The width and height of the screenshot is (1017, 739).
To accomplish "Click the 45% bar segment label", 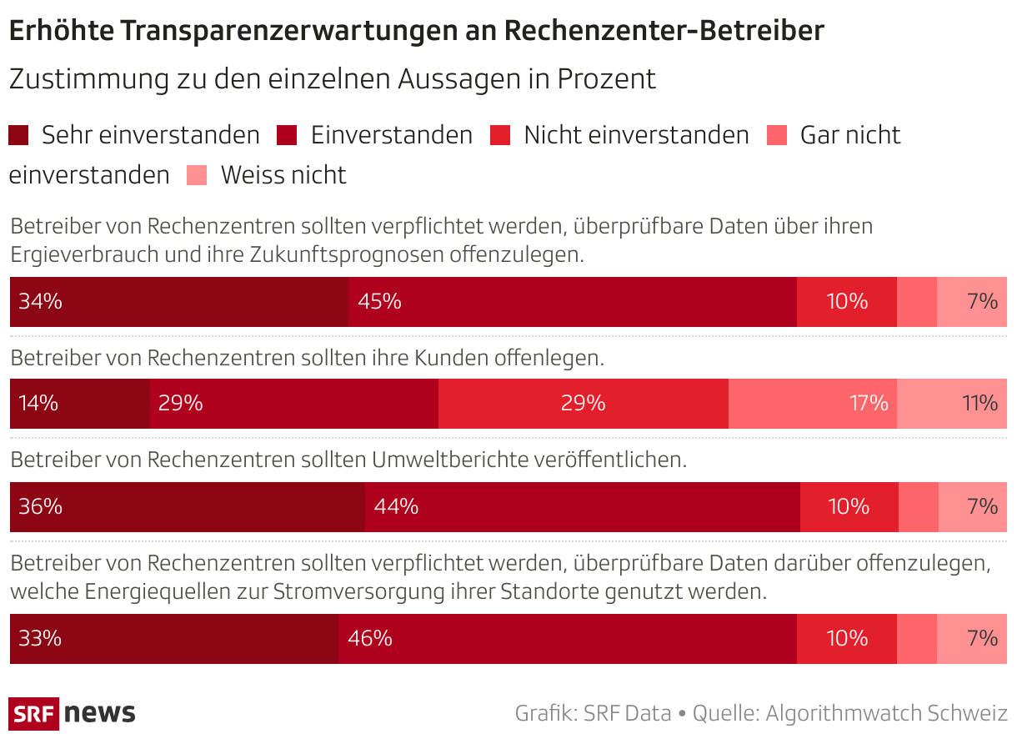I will click(x=380, y=302).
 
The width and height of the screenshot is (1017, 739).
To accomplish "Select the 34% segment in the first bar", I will click(x=178, y=302).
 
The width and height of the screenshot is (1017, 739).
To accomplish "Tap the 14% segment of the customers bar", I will click(x=79, y=404).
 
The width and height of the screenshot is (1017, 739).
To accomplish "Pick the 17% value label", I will click(x=869, y=404).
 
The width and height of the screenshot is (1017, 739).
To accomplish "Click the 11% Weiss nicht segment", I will click(x=952, y=404).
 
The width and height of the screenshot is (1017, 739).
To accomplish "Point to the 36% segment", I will click(x=188, y=507).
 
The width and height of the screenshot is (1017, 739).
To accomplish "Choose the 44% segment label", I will click(x=396, y=507).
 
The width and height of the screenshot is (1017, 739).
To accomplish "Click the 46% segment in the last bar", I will click(x=567, y=639).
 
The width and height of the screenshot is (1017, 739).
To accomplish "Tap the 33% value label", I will click(x=40, y=639).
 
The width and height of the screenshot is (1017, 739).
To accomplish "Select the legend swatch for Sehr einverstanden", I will click(x=18, y=135).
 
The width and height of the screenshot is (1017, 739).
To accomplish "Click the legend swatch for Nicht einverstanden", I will click(x=500, y=135).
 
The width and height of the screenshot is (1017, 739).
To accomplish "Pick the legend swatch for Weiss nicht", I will click(x=197, y=175).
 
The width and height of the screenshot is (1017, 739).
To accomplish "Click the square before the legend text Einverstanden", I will click(x=288, y=135).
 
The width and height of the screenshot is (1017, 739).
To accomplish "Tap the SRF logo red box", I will click(x=33, y=714).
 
